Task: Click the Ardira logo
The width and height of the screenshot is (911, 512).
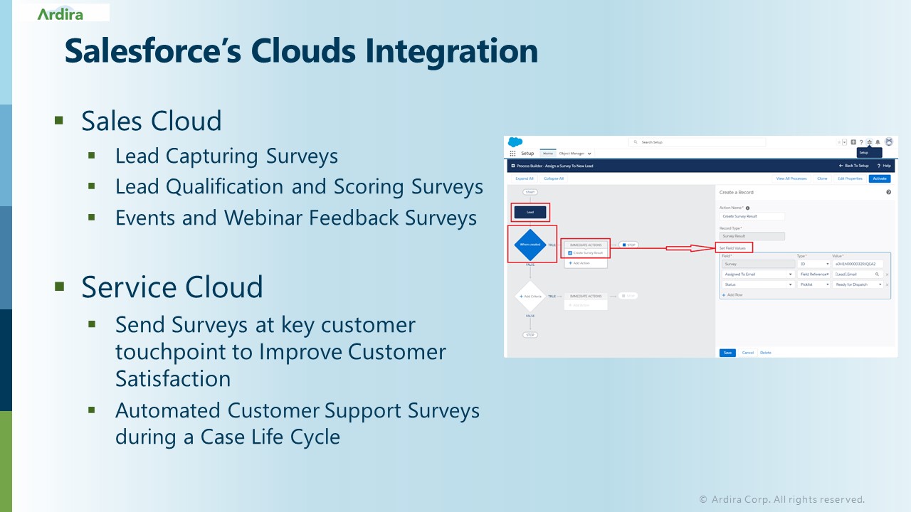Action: [60, 14]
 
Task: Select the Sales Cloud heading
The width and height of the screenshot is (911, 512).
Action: [152, 121]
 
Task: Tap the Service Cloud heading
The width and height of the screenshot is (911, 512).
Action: [172, 287]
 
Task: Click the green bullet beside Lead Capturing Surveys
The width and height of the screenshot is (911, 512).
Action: [92, 154]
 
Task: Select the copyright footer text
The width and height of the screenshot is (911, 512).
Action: [781, 499]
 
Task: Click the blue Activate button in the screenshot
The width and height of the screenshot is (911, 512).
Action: [879, 178]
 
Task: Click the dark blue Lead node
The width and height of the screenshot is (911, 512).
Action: [530, 212]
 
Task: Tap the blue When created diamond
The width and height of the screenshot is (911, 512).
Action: [530, 244]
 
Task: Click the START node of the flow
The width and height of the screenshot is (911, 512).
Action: [530, 192]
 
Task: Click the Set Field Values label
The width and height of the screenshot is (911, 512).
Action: [733, 248]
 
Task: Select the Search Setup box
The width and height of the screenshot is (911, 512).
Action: [697, 142]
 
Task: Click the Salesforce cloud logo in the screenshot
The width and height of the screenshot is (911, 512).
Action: [515, 142]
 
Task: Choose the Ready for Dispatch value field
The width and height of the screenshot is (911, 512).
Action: [858, 284]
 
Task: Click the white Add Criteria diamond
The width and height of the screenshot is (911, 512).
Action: [530, 297]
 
